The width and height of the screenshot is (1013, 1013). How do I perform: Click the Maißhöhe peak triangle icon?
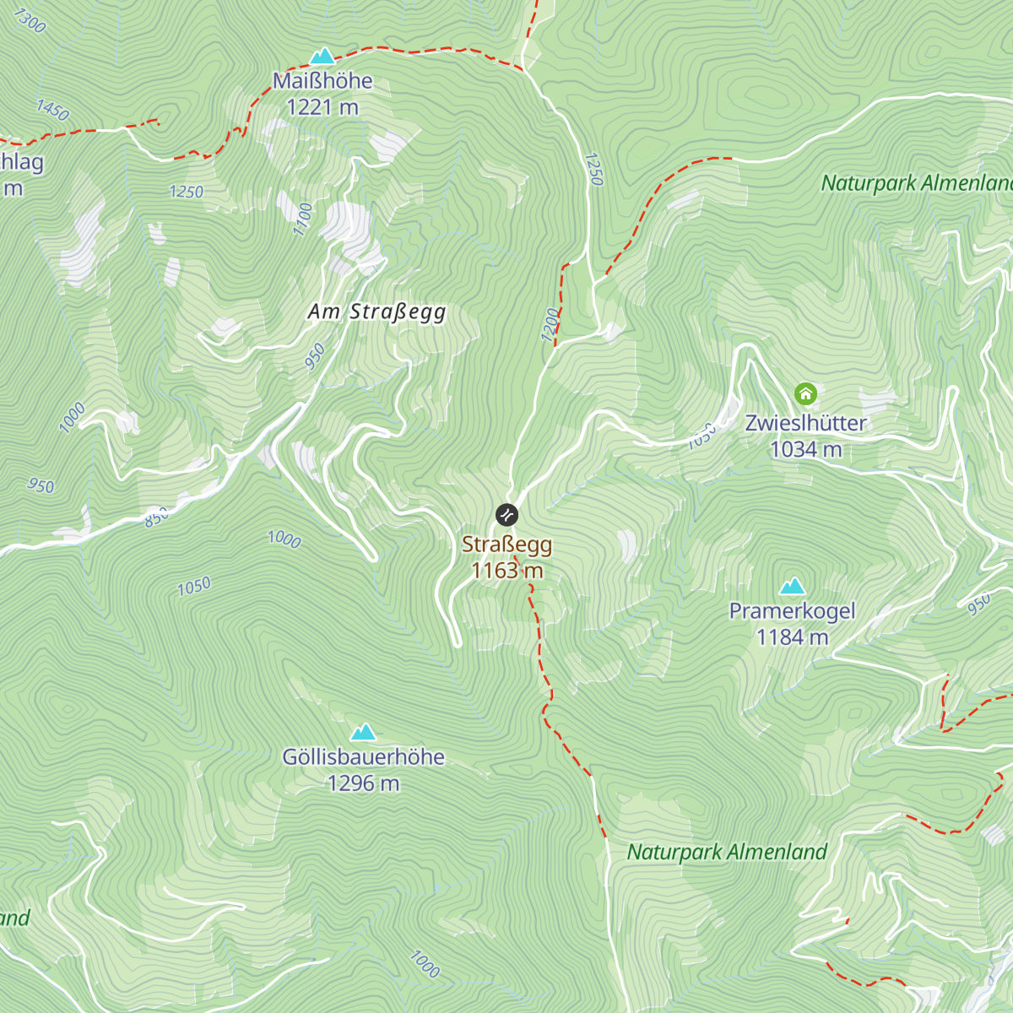(322, 57)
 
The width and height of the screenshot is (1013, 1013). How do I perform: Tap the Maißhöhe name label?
(322, 81)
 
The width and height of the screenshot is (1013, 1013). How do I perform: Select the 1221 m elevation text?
(322, 107)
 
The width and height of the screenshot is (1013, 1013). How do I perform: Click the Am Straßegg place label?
(376, 311)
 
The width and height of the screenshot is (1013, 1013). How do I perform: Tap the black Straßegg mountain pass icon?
(506, 514)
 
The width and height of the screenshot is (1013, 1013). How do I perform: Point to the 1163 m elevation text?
(506, 571)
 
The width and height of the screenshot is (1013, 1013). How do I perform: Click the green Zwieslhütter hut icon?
(805, 393)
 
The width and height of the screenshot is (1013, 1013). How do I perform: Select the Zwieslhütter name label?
(805, 423)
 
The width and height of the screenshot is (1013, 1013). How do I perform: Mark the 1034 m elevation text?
(805, 449)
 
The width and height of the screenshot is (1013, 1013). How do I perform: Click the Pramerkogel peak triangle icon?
(792, 586)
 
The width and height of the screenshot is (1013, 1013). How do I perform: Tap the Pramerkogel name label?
(792, 611)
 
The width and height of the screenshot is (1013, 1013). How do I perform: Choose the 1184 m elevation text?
(792, 637)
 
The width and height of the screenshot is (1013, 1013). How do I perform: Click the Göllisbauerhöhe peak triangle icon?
(363, 731)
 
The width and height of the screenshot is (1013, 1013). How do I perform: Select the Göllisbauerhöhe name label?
(363, 757)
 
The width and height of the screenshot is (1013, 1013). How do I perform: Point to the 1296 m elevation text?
(363, 783)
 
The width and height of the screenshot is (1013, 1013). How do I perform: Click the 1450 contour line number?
(52, 110)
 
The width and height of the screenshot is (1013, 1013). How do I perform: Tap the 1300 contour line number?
(30, 21)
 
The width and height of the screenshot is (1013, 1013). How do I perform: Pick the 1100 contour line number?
(303, 219)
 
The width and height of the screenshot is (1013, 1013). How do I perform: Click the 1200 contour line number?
(550, 325)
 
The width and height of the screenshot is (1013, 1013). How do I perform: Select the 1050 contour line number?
(193, 586)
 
